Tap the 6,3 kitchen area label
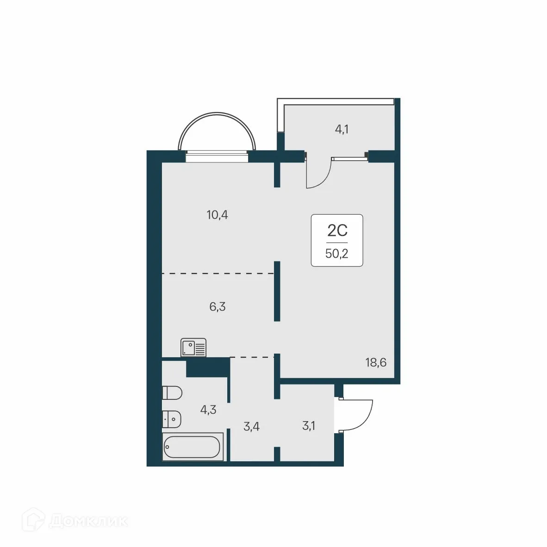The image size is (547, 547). tap(217, 306)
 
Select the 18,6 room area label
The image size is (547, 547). tap(376, 362)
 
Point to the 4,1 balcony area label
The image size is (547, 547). tap(342, 129)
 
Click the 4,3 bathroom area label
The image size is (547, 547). tap(208, 410)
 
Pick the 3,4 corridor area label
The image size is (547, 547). tap(251, 426)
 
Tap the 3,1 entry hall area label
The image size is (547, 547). tap(308, 426)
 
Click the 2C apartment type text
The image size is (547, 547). tap(337, 230)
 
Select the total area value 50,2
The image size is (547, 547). tap(337, 254)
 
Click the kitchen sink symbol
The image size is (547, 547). tap(193, 347)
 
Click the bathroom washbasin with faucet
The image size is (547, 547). tap(171, 419)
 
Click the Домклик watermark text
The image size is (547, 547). tap(88, 522)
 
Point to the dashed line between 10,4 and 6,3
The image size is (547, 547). tap(218, 274)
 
